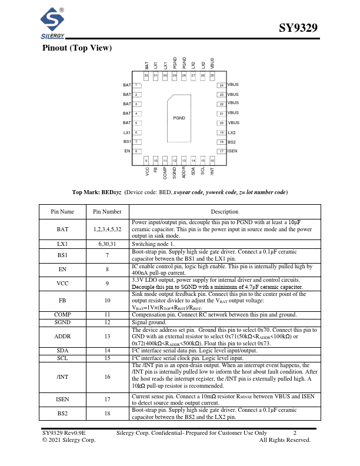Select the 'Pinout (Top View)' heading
pyautogui.click(x=77, y=48)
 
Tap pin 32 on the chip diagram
pyautogui.click(x=146, y=76)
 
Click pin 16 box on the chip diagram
pyautogui.click(x=212, y=160)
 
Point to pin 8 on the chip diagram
pyautogui.click(x=136, y=151)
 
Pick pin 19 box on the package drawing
pyautogui.click(x=221, y=132)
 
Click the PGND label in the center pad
pyautogui.click(x=179, y=118)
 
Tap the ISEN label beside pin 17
pyautogui.click(x=232, y=151)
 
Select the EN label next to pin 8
pyautogui.click(x=127, y=151)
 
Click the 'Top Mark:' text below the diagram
pyautogui.click(x=86, y=192)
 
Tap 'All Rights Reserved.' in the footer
pyautogui.click(x=285, y=439)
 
